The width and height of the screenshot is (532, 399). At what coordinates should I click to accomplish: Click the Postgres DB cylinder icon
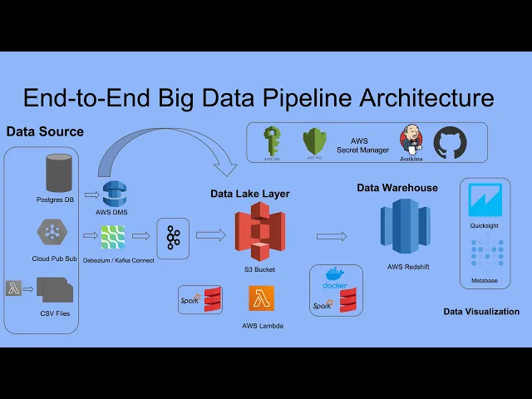57,172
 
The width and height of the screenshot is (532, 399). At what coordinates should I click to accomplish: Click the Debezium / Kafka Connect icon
112,238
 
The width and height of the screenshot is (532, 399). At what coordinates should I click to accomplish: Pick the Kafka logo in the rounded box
173,238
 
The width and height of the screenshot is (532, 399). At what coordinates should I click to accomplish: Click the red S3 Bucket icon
259,233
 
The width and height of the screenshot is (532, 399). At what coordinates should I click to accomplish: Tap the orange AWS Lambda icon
261,298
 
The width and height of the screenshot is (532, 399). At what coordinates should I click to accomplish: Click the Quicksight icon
486,201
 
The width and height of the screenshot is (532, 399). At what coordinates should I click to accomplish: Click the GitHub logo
451,142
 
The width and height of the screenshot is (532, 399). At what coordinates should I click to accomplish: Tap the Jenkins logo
411,139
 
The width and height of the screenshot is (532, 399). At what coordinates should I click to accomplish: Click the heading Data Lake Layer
249,194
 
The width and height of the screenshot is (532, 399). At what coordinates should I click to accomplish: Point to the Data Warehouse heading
397,188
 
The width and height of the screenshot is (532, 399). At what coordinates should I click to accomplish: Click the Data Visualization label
481,312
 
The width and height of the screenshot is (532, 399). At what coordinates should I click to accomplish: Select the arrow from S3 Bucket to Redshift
332,237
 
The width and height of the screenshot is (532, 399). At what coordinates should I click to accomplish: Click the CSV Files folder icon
54,291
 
